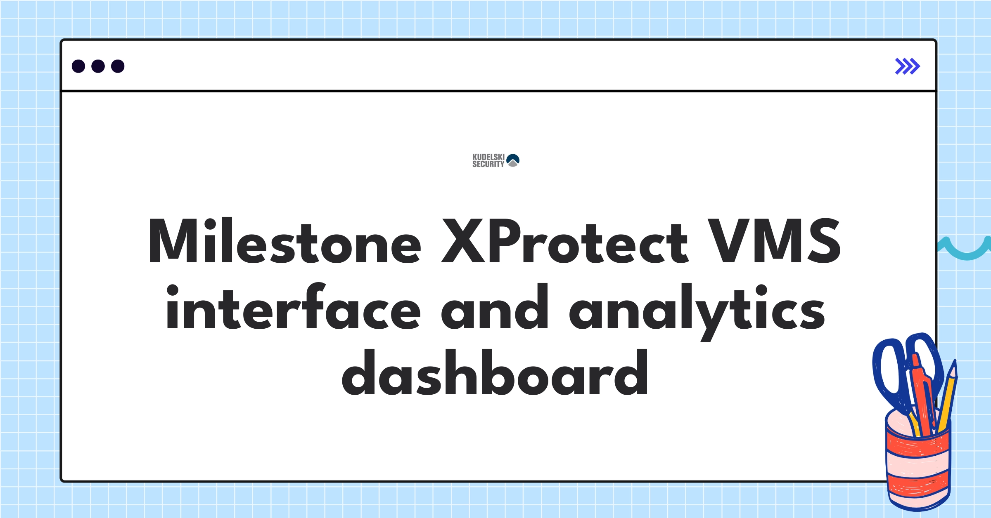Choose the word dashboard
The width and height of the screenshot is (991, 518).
click(495, 373)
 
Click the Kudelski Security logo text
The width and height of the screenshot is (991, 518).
click(488, 160)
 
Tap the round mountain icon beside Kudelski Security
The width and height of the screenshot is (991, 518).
click(513, 160)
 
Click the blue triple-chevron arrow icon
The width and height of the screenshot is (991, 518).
click(907, 66)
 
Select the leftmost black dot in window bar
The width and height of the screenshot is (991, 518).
click(78, 66)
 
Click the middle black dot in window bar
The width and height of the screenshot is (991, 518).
click(98, 66)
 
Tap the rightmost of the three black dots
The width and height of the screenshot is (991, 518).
click(118, 66)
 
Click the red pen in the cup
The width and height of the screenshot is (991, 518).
click(923, 396)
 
